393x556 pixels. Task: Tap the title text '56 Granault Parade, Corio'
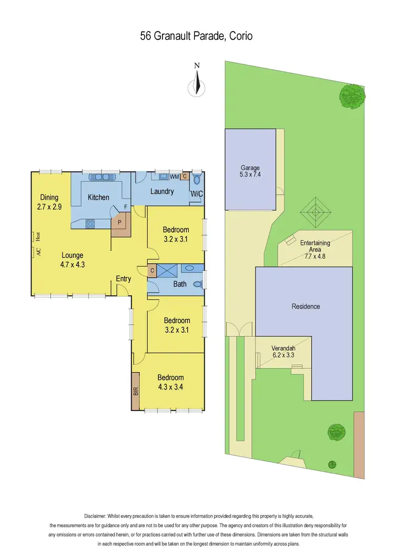pyautogui.click(x=196, y=36)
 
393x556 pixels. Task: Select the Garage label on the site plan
pyautogui.click(x=250, y=168)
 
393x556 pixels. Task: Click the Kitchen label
pyautogui.click(x=99, y=198)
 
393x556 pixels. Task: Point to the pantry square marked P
pyautogui.click(x=119, y=221)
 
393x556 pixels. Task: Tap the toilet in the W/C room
pyautogui.click(x=196, y=180)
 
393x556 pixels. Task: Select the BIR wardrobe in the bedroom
pyautogui.click(x=136, y=390)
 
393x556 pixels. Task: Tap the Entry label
pyautogui.click(x=123, y=279)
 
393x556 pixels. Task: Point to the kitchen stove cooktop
pyautogui.click(x=90, y=223)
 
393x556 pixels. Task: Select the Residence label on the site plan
pyautogui.click(x=305, y=306)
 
